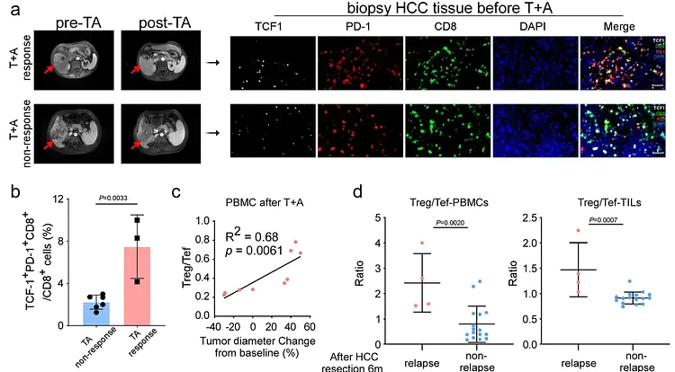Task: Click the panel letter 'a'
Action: point(10,12)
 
